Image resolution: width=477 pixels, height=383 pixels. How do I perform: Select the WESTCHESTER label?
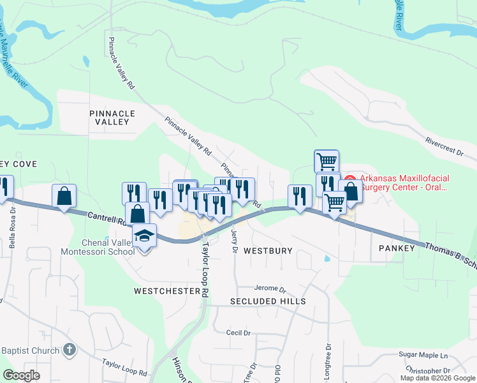pyautogui.click(x=167, y=290)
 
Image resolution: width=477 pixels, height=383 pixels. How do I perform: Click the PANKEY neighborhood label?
pyautogui.click(x=397, y=247)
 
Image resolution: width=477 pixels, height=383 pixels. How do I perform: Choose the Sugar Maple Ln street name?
pyautogui.click(x=423, y=354)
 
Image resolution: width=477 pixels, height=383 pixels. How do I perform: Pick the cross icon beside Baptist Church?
pyautogui.click(x=70, y=350)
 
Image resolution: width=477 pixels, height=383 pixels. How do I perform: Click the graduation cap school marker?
pyautogui.click(x=145, y=236)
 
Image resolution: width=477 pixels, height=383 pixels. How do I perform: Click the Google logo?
pyautogui.click(x=21, y=375)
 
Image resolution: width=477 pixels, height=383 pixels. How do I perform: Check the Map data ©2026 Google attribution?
pyautogui.click(x=437, y=378)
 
